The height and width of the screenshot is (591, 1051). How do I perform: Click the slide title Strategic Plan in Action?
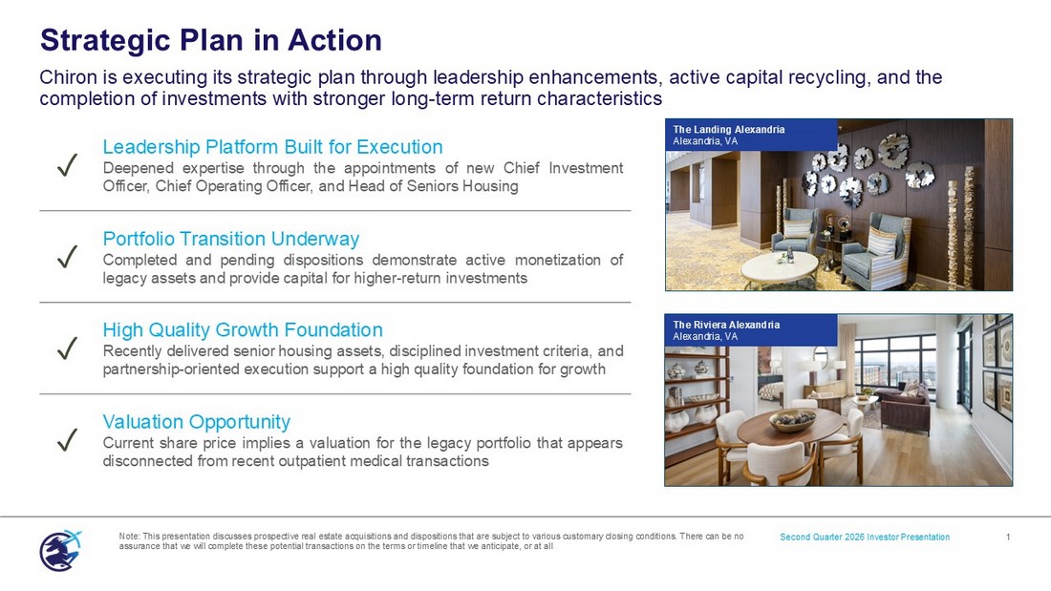pos(211,40)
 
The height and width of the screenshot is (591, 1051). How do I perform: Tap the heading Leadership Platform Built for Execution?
pos(273,147)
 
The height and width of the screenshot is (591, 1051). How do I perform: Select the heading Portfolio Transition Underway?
pos(231,239)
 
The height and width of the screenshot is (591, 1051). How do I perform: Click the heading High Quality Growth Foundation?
pos(243,329)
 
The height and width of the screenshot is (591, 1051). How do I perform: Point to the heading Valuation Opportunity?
pos(197,421)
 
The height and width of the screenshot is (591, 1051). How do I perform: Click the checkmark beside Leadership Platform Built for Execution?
pos(68,165)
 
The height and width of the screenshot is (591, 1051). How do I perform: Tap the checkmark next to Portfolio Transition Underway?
pos(68,257)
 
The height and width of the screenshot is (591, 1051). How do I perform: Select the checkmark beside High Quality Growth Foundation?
pos(68,348)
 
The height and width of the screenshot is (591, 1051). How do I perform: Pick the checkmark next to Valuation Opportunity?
pos(68,440)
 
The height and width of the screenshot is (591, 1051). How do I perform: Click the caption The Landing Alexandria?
pos(729,129)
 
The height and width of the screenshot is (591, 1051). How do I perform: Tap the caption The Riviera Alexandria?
pos(726,325)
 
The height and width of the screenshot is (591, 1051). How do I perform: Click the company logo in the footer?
pos(60,551)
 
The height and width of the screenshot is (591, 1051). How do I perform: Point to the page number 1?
pos(1008,537)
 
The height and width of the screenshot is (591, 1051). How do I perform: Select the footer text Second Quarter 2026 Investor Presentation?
pos(865,537)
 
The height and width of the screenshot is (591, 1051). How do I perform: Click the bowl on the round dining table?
pos(793,420)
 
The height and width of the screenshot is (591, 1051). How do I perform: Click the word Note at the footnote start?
pos(129,536)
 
